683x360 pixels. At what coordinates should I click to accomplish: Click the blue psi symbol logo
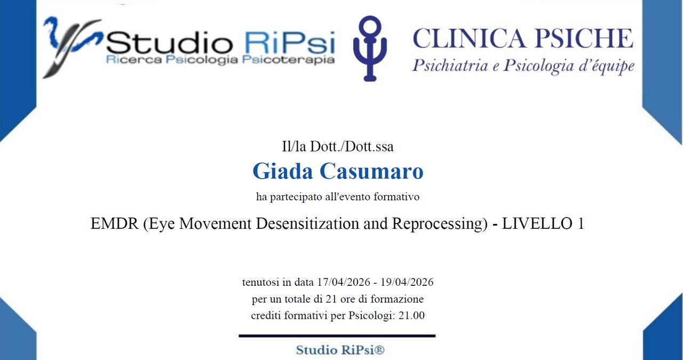(x=370, y=49)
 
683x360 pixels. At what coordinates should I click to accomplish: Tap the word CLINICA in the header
(x=468, y=38)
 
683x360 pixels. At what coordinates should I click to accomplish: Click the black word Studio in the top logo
(x=169, y=42)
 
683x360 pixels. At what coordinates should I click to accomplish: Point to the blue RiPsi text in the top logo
(x=290, y=42)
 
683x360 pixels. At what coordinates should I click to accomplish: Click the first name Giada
(x=283, y=171)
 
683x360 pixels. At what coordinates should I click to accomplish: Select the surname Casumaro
(x=371, y=171)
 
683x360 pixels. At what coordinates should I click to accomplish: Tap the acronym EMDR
(x=115, y=223)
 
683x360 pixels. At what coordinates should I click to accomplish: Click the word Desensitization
(x=307, y=223)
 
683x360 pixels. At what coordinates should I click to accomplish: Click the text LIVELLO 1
(x=543, y=223)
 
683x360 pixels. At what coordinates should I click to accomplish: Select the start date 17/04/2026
(x=344, y=282)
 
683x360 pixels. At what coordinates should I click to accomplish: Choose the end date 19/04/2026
(x=407, y=282)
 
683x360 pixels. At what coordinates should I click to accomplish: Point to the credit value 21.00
(x=411, y=315)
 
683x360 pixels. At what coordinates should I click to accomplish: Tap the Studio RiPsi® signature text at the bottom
(x=340, y=350)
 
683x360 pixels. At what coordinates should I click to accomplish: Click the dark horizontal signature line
(x=337, y=336)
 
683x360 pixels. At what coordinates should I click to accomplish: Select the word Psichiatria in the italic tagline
(x=450, y=66)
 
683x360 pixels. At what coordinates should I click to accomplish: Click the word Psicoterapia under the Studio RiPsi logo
(x=289, y=60)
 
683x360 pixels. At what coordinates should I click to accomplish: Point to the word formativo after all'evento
(x=396, y=197)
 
